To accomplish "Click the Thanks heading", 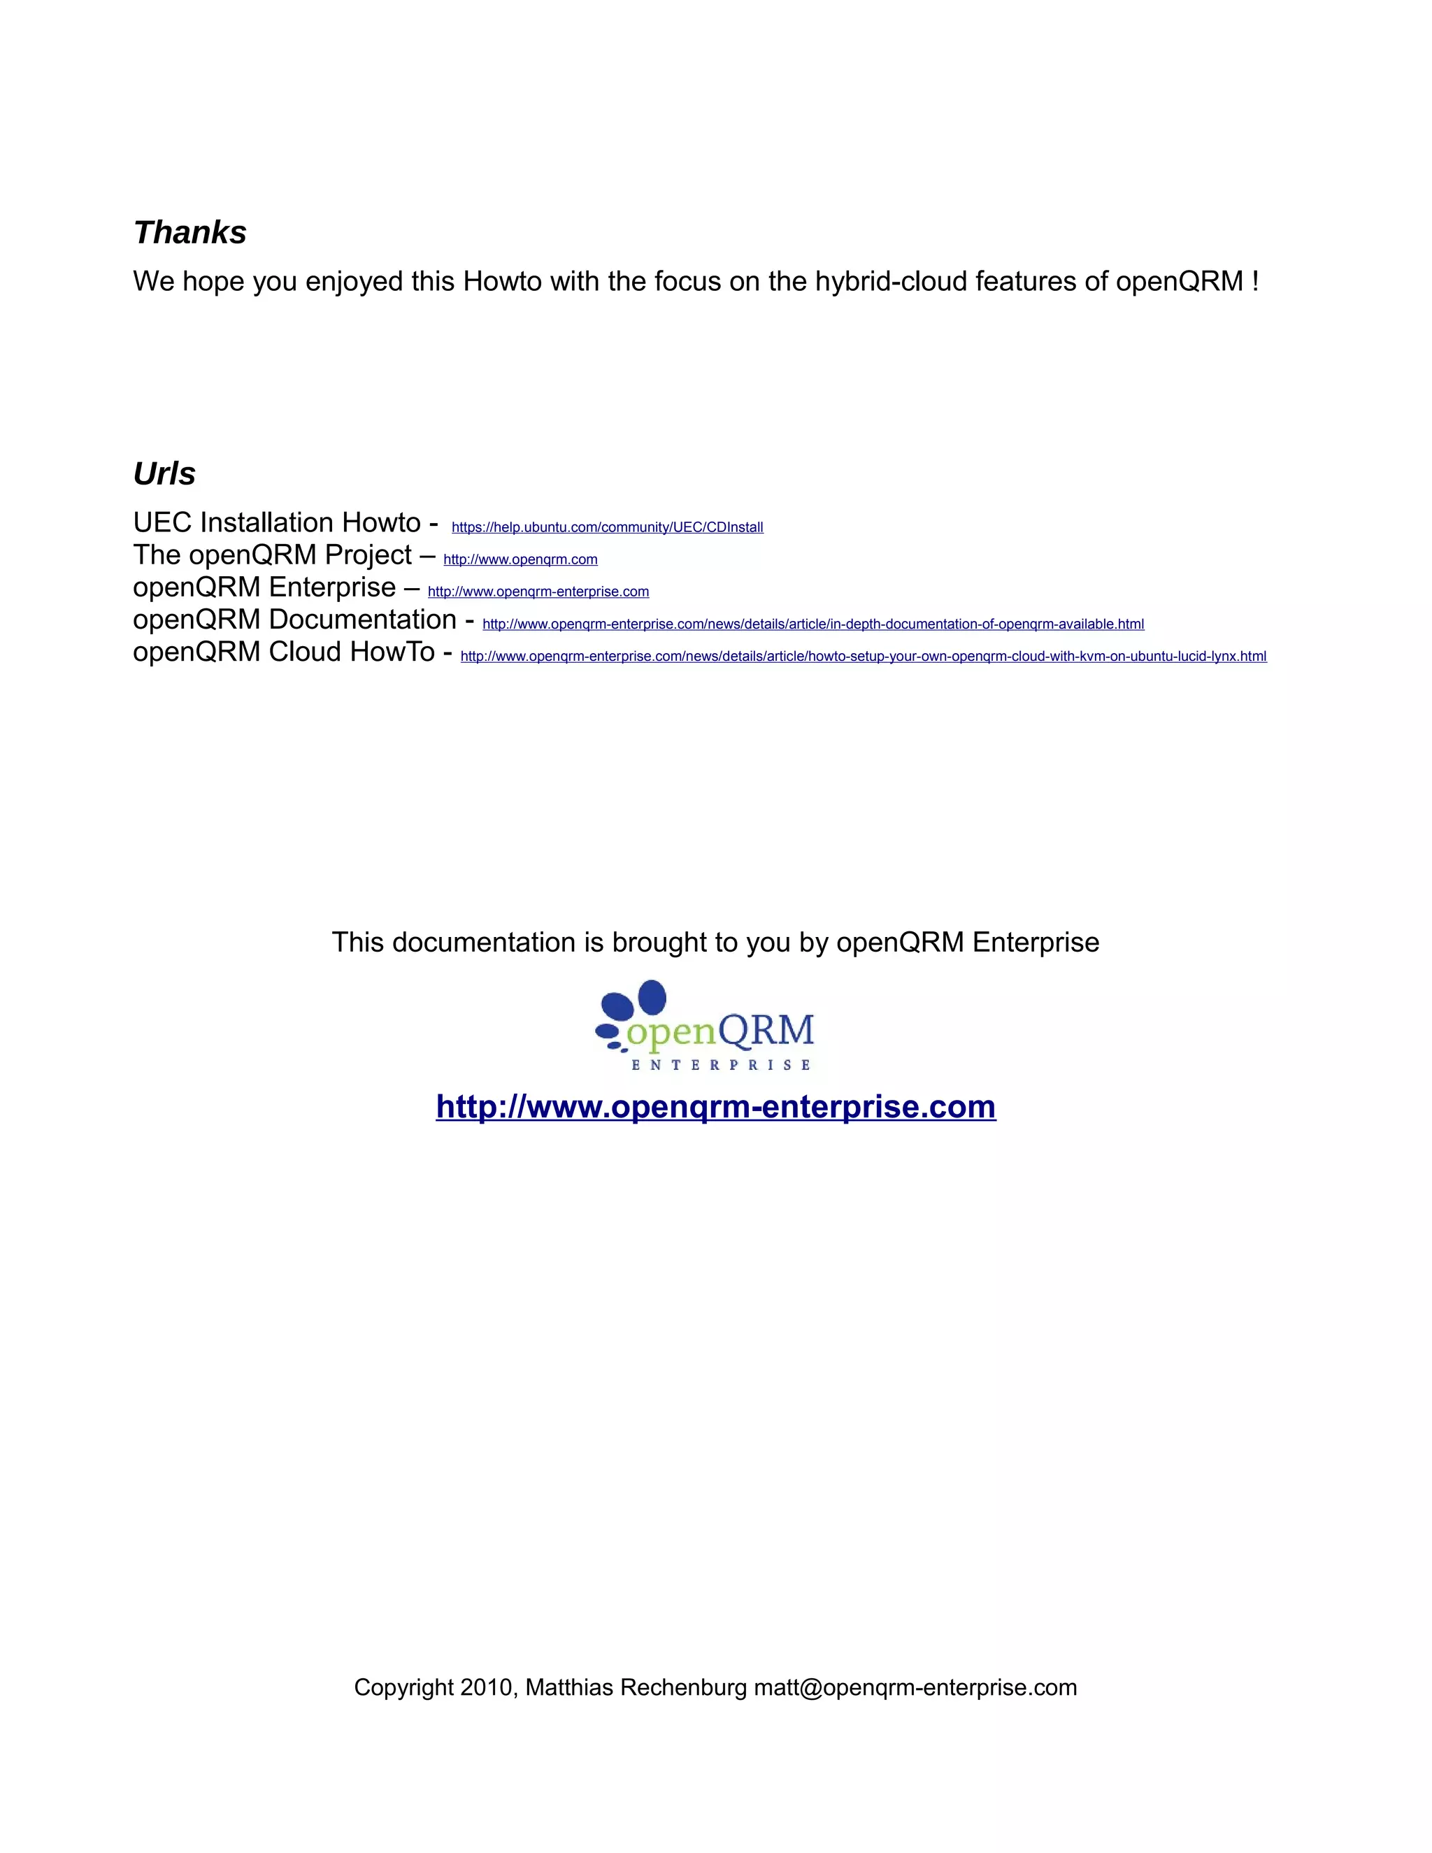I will [190, 232].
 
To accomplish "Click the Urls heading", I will [164, 473].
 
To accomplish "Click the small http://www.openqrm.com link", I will [520, 560].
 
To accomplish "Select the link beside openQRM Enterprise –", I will [538, 592].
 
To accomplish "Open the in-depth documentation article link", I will [812, 624].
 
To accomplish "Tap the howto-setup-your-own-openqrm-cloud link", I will [863, 657].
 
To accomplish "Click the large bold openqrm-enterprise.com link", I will [715, 1106].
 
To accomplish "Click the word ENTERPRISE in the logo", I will [721, 1065].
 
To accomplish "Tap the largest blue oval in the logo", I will [651, 997].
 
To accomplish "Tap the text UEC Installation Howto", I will [277, 522].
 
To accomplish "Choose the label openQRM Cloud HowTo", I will [283, 652].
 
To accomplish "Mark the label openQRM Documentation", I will [294, 620].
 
